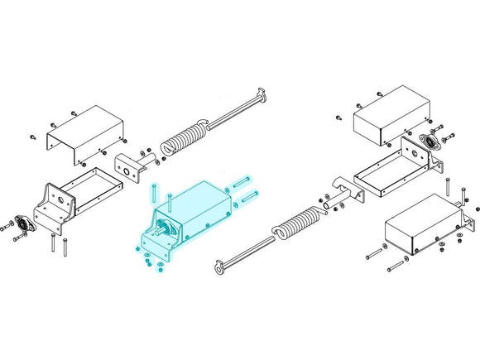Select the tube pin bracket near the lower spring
(343, 194)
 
